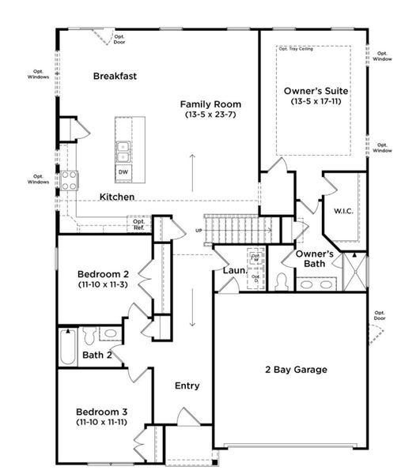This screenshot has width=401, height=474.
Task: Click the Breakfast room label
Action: click(x=115, y=77)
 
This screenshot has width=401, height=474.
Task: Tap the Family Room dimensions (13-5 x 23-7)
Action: click(x=210, y=115)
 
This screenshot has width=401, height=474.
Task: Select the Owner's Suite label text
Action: click(x=316, y=92)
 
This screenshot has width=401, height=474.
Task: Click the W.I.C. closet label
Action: click(x=342, y=211)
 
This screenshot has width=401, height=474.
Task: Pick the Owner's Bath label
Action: click(x=314, y=258)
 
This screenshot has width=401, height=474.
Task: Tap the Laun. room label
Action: click(x=234, y=270)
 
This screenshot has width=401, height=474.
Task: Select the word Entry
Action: click(x=187, y=386)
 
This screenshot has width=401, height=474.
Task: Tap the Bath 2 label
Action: click(x=97, y=355)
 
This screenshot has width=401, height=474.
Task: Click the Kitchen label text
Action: click(x=116, y=196)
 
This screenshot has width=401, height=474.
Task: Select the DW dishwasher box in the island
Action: click(x=123, y=171)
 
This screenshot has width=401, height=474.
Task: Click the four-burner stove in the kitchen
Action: click(x=69, y=179)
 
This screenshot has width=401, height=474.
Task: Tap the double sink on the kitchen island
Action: click(x=123, y=147)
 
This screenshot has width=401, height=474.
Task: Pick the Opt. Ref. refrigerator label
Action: click(x=138, y=224)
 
